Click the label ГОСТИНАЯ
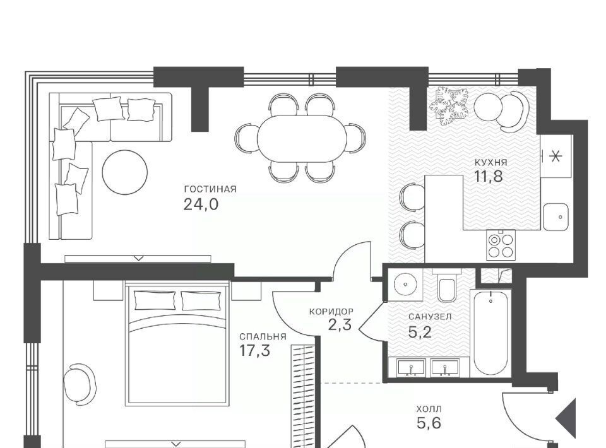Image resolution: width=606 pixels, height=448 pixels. click(x=210, y=189)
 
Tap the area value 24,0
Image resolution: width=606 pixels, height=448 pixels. click(x=201, y=204)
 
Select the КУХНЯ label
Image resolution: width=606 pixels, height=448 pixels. click(x=490, y=163)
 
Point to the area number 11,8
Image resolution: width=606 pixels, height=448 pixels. click(x=488, y=177)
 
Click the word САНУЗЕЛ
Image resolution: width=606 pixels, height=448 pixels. click(x=430, y=317)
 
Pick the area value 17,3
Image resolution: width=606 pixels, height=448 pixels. click(x=254, y=351)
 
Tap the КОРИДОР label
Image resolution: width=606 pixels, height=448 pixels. click(x=331, y=311)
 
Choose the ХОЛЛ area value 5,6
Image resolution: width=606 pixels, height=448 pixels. click(x=429, y=423)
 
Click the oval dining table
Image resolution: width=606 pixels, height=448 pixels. click(x=302, y=138)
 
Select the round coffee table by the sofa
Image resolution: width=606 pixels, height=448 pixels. click(x=125, y=172)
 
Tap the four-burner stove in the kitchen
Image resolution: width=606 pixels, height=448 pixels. click(x=501, y=245)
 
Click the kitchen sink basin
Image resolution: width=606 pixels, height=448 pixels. click(x=555, y=217)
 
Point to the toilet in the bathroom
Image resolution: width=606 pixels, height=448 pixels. click(x=448, y=286)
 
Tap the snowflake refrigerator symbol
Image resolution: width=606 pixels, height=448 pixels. click(x=555, y=156)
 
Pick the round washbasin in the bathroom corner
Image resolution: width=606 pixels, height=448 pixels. click(x=405, y=284)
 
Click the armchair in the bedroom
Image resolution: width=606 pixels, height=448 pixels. click(x=80, y=385)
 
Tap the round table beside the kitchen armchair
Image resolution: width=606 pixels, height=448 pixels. click(x=488, y=107)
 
